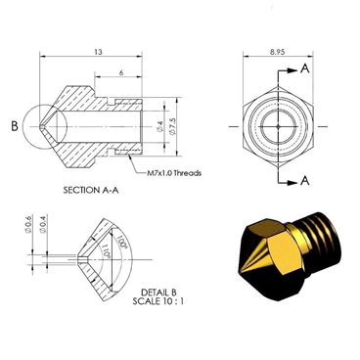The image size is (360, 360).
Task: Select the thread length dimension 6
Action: click(118, 73)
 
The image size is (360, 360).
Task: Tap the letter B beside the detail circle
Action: click(14, 126)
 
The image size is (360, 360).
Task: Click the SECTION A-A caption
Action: click(91, 189)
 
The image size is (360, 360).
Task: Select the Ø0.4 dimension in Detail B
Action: click(46, 241)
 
